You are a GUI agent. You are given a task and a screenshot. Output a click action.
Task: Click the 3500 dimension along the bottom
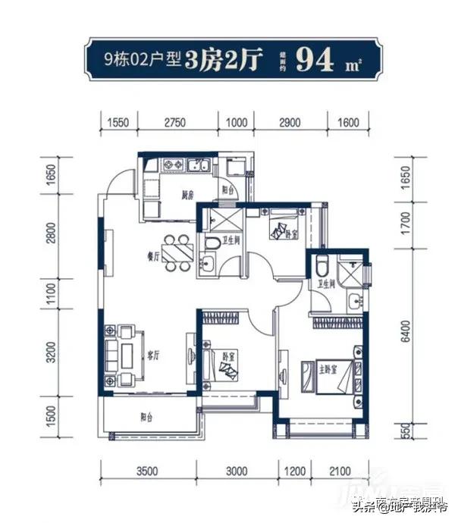coord(147,471)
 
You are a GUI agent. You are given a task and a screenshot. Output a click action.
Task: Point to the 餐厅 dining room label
coord(153,256)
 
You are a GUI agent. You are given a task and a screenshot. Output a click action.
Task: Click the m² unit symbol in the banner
coord(351,64)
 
